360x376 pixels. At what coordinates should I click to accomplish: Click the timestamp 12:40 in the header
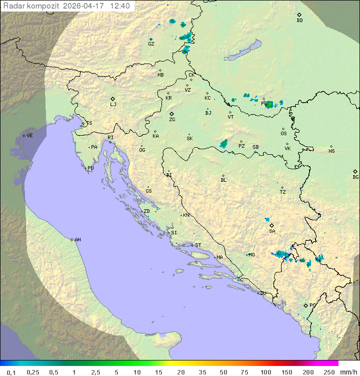(120, 6)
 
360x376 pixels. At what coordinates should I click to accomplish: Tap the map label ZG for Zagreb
(172, 120)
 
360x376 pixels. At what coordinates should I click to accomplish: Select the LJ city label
(113, 104)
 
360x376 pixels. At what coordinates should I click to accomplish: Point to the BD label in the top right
(299, 21)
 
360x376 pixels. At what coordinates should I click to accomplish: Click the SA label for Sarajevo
(272, 231)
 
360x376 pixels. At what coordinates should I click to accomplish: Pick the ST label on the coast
(198, 245)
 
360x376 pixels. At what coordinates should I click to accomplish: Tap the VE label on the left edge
(29, 136)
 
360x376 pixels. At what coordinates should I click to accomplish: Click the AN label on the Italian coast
(77, 240)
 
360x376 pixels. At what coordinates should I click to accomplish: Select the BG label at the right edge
(355, 177)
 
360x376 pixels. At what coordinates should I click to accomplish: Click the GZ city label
(151, 44)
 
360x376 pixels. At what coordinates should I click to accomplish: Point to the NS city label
(331, 151)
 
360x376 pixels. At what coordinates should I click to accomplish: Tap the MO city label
(251, 254)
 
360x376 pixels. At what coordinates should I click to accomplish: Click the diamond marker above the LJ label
(113, 98)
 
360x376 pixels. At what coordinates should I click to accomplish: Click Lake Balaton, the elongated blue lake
(242, 51)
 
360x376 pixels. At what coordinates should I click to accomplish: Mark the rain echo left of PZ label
(223, 144)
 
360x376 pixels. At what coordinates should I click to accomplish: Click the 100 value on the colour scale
(265, 372)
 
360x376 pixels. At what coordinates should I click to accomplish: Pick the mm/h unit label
(346, 372)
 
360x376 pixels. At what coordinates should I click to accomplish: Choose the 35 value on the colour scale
(202, 372)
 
